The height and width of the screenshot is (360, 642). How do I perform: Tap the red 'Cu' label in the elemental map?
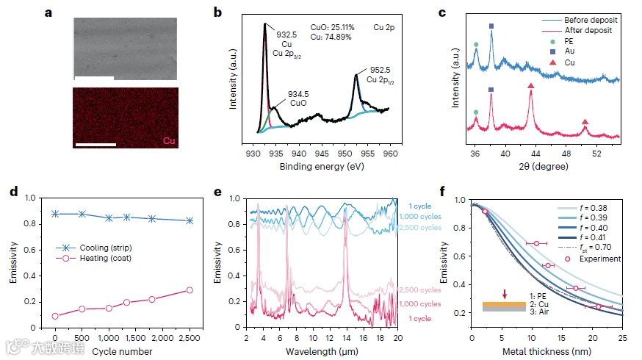point(168,140)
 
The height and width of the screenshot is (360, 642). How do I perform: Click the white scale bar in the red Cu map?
point(95,145)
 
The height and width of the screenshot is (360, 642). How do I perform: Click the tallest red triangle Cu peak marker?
point(530,87)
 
